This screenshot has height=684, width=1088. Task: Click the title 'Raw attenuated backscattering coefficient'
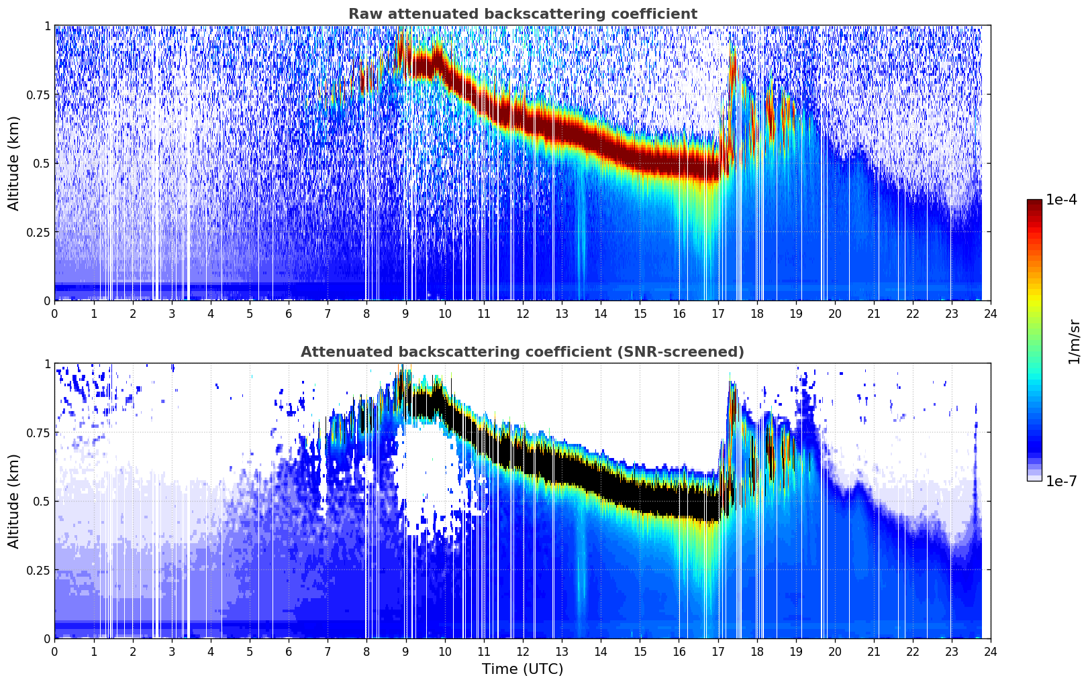coord(522,14)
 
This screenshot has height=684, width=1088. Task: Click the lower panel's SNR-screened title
coord(522,352)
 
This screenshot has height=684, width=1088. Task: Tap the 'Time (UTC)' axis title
coord(522,669)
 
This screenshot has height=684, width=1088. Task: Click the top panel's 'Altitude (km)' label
coord(14,163)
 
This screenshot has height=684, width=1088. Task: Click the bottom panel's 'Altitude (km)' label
coord(14,501)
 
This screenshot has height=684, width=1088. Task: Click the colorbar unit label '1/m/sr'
coord(1074,342)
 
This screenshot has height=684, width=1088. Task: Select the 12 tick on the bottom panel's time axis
coord(522,651)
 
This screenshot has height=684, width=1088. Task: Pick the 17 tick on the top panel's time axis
coord(718,313)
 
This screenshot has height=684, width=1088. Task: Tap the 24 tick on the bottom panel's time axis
coord(991,651)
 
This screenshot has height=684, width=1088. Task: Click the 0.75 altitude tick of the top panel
coord(38,95)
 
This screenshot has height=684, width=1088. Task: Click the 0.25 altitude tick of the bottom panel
coord(38,570)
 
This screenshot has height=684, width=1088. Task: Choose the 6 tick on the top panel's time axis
coord(289,313)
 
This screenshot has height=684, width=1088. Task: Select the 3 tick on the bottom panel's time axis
coord(172,651)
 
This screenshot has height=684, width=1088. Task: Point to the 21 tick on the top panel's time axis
coord(873,313)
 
